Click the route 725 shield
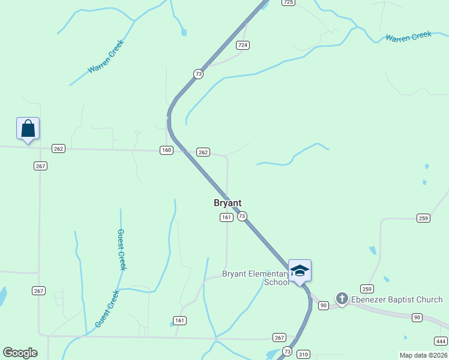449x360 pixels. (289, 2)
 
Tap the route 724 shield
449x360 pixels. (243, 45)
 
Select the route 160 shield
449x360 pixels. (166, 150)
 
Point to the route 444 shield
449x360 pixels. (440, 341)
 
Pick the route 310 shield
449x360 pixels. (304, 354)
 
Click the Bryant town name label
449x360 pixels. (228, 203)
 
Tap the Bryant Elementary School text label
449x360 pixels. (256, 278)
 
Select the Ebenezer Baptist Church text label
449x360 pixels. (397, 299)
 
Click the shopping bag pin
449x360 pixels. (28, 128)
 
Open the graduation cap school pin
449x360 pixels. (300, 271)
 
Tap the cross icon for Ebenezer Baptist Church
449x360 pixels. (342, 298)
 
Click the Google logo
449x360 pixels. (20, 353)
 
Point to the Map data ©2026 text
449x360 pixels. (423, 355)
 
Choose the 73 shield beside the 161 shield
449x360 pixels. (242, 216)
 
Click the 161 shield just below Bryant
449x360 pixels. (226, 217)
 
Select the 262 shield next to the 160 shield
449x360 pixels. (203, 152)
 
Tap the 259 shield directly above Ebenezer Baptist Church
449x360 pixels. (367, 289)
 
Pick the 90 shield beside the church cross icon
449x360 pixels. (324, 305)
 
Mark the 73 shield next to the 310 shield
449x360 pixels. (288, 352)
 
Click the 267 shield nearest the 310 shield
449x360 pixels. (279, 338)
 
